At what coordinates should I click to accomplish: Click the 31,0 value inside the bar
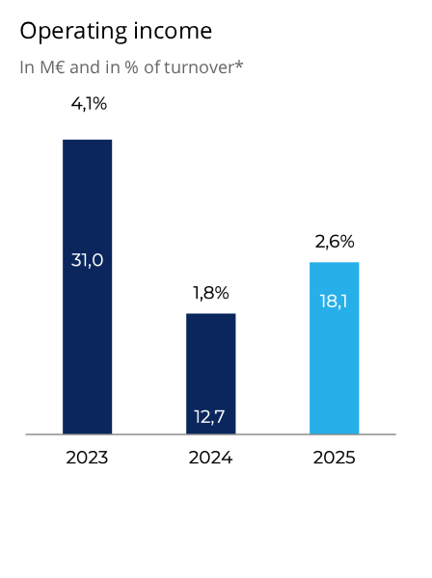point(87,259)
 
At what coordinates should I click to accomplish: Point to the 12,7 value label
point(210,416)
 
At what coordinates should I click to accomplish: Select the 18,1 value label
point(334,301)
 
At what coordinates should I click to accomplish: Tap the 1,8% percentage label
point(210,293)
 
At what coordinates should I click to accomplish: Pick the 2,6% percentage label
point(335,242)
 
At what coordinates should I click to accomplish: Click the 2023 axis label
point(87,459)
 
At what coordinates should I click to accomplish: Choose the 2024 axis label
point(210,459)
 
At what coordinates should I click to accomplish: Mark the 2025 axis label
point(334,459)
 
